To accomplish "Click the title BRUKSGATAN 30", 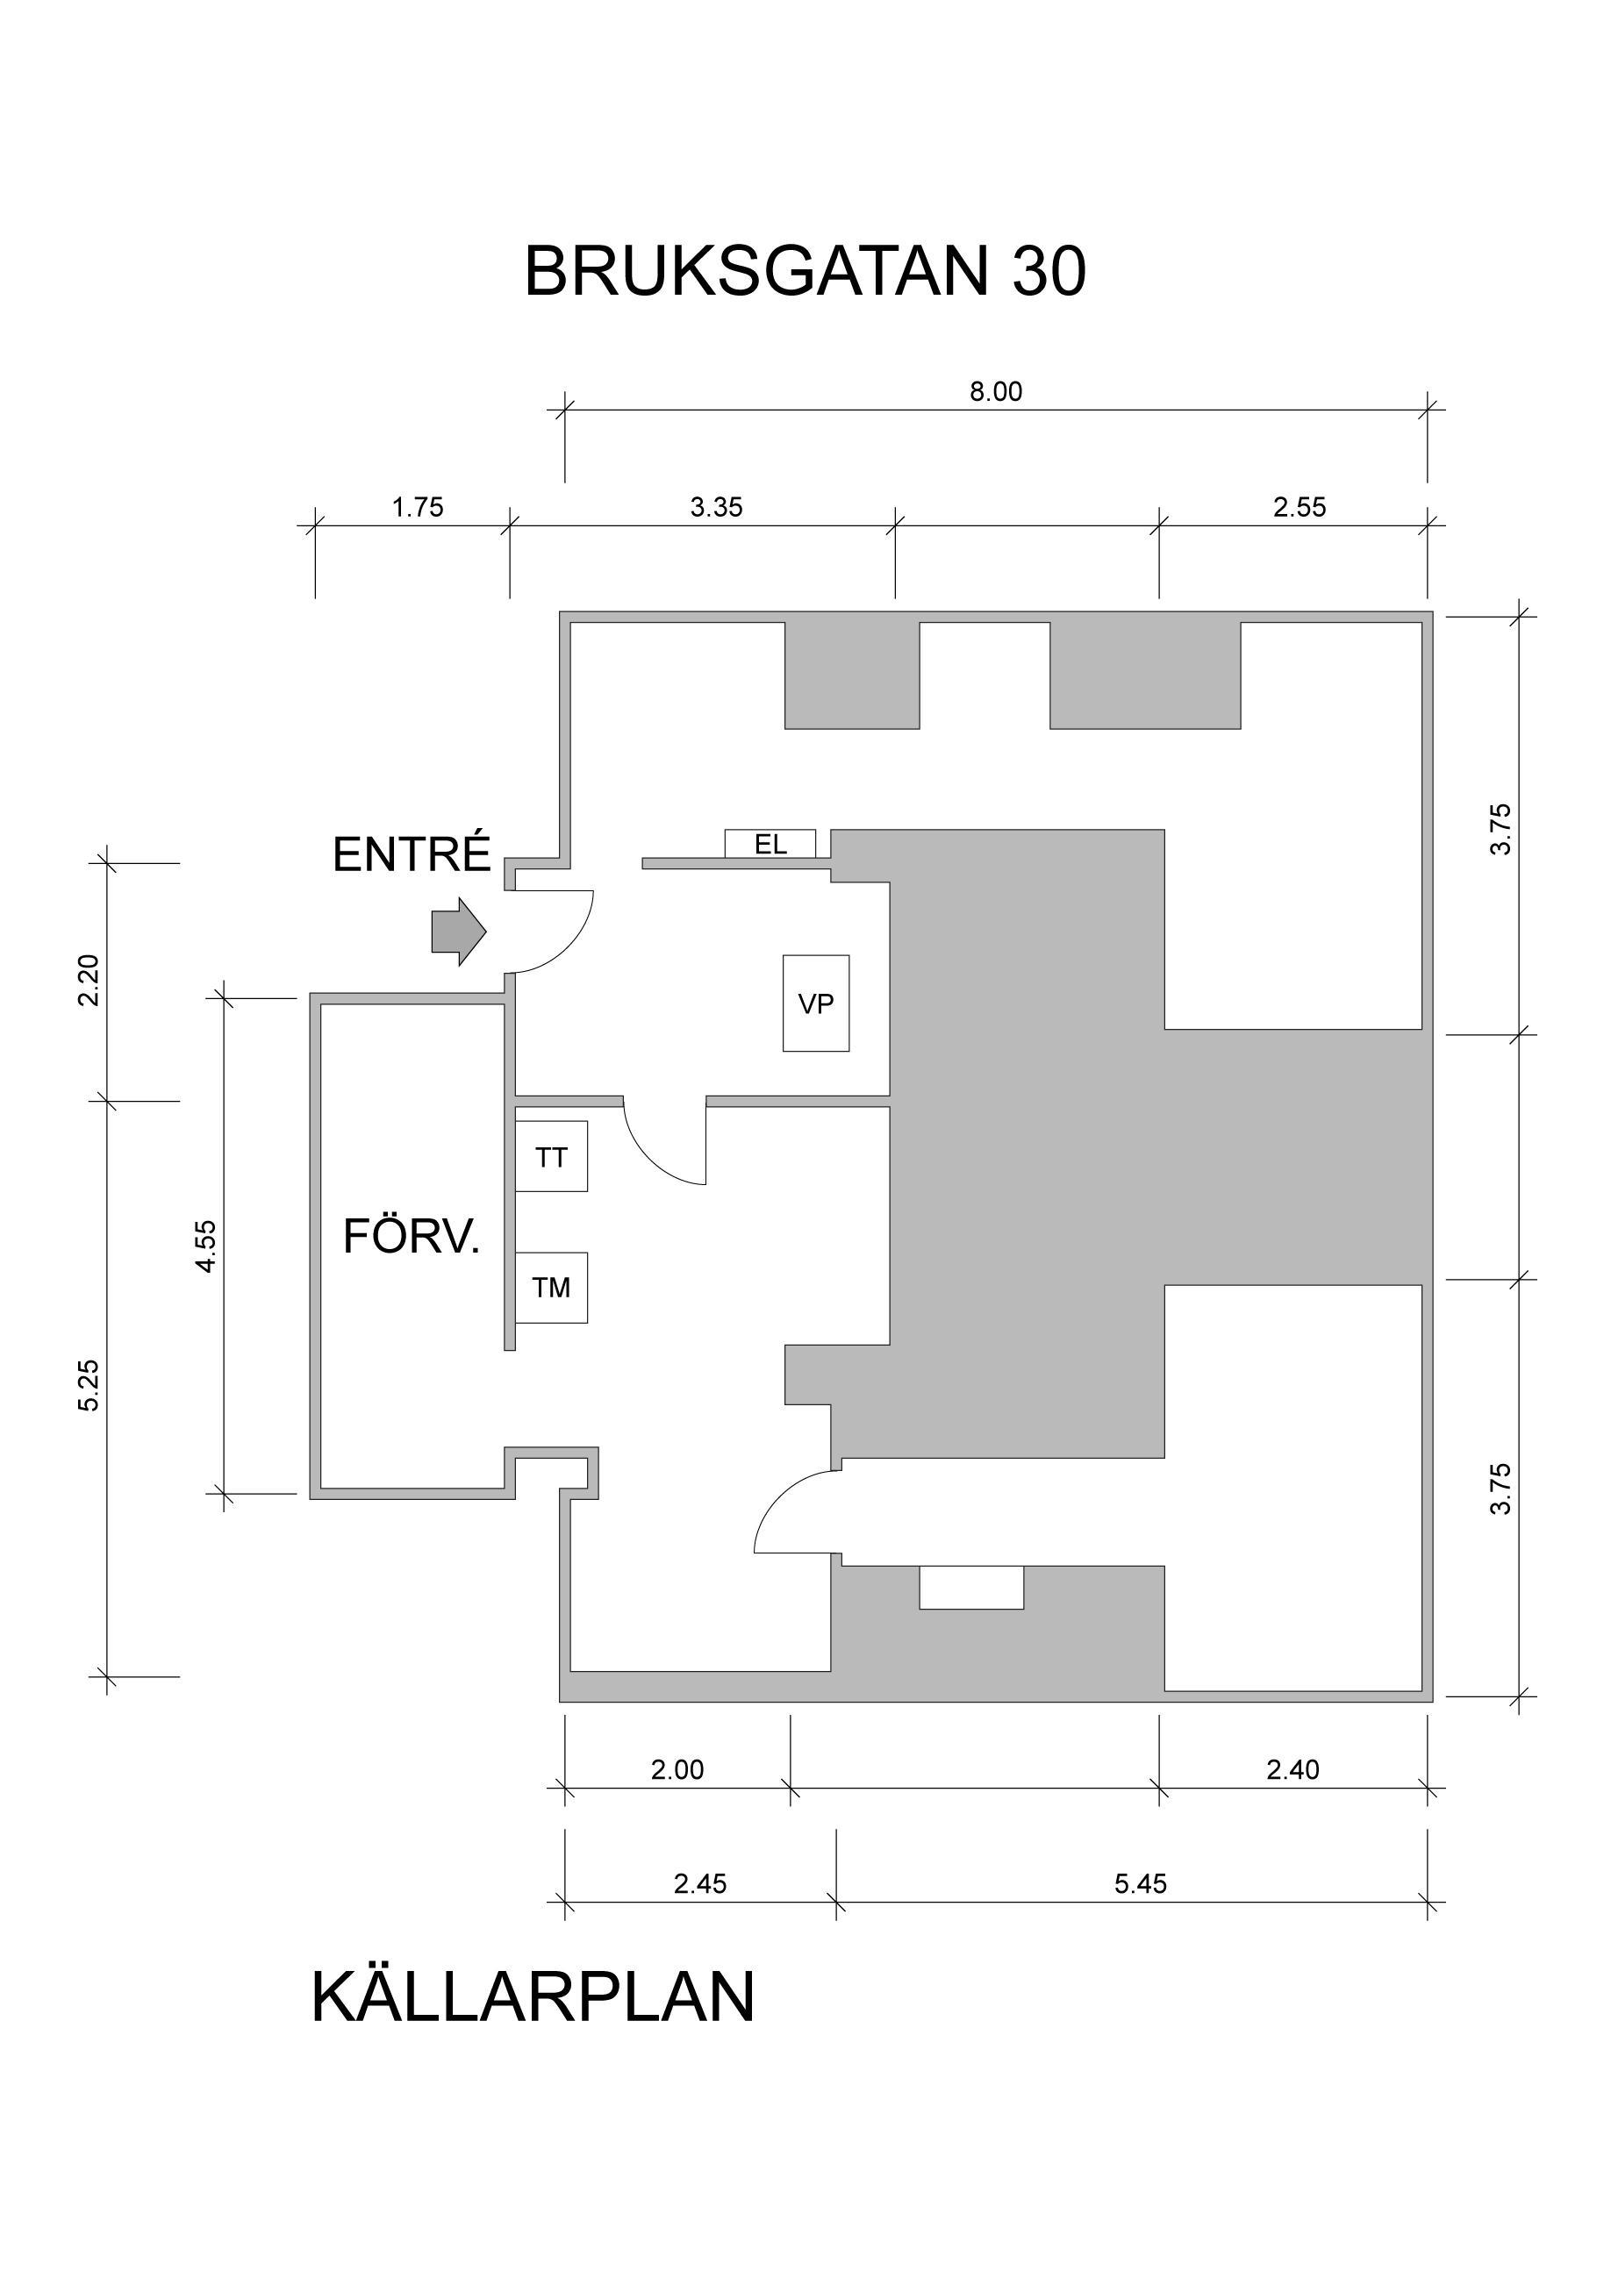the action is click(805, 271).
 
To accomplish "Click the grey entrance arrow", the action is click(459, 932).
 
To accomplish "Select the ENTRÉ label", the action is click(412, 854).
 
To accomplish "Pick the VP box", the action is click(816, 1003).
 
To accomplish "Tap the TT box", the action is click(551, 1157).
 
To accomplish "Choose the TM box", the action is click(551, 1288).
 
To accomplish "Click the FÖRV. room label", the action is click(412, 1237).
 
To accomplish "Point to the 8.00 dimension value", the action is click(996, 392).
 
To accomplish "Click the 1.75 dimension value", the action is click(417, 508).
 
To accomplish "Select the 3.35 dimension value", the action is click(717, 508).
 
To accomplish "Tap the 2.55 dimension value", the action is click(1300, 508).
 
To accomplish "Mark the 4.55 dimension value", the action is click(205, 1246).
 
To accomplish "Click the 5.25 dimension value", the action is click(89, 1385).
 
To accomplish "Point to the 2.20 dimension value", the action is click(89, 981).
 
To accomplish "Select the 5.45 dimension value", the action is click(1141, 1884).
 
